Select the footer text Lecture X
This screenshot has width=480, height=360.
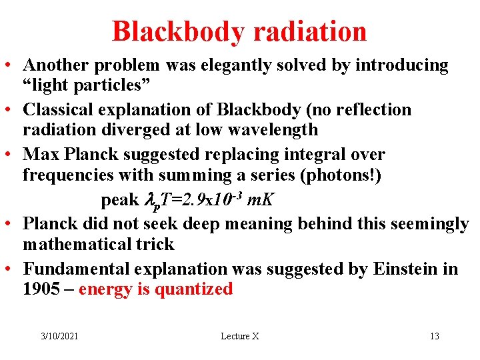239,336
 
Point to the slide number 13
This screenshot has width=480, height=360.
434,336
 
